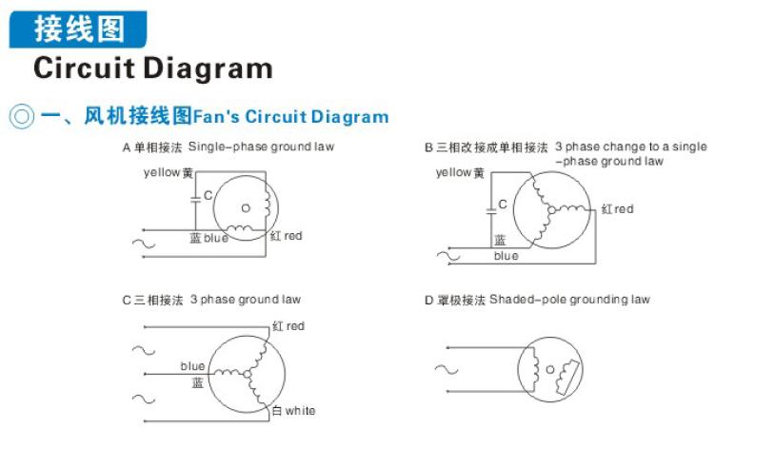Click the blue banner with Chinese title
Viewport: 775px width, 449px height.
(78, 29)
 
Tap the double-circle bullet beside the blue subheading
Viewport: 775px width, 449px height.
(22, 117)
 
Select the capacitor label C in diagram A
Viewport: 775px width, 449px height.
(209, 195)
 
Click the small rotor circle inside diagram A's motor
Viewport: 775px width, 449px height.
(246, 208)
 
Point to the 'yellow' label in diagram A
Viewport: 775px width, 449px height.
(161, 173)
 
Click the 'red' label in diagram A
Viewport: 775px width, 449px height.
(293, 236)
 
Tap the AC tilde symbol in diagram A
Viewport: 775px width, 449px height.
(144, 244)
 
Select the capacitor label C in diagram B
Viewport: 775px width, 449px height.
(503, 205)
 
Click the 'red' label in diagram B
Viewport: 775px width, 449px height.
(625, 209)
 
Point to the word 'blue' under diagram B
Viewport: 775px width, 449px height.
(507, 256)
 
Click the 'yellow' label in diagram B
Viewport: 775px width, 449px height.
(453, 173)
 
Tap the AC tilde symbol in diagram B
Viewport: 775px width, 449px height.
(448, 256)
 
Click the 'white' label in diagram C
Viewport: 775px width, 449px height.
(300, 411)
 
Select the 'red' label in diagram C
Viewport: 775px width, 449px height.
(295, 326)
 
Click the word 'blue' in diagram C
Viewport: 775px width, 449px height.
(192, 366)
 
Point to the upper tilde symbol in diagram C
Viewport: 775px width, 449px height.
(144, 351)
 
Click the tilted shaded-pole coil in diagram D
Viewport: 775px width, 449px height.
(568, 378)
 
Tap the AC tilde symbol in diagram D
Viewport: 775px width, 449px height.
(447, 369)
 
